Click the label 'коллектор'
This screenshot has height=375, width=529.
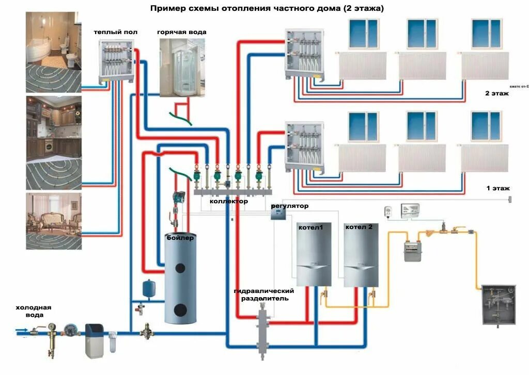coord(228,202)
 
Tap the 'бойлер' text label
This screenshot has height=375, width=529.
coord(180,238)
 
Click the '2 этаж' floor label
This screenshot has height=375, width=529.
coord(496,93)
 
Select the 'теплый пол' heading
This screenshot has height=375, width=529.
coord(115,32)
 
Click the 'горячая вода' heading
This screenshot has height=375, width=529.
coord(181,32)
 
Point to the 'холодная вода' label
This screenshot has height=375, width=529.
coord(33,311)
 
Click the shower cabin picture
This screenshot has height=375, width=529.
coord(178,67)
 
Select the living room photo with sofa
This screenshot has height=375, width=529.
coord(54,221)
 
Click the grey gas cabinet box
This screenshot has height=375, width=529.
coord(499,304)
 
